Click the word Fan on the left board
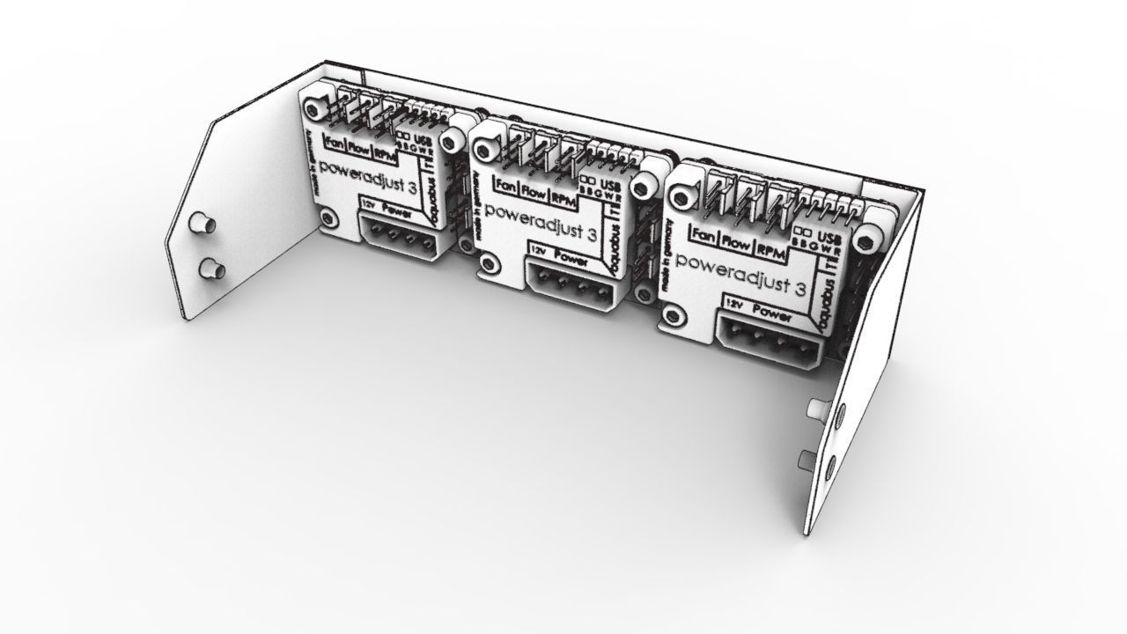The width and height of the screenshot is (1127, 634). tap(335, 143)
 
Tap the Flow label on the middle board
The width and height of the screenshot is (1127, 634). tap(533, 188)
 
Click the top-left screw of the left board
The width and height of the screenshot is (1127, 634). tap(313, 107)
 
